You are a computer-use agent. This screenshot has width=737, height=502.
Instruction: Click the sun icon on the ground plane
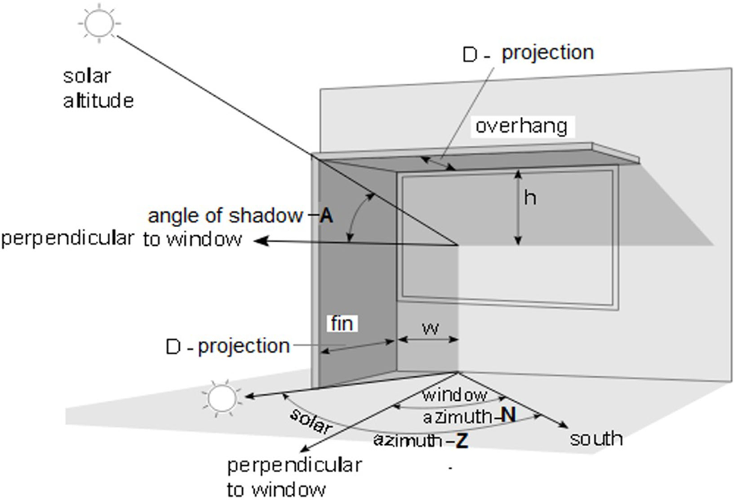pos(222,397)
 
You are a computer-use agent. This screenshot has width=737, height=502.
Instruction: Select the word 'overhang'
pos(521,126)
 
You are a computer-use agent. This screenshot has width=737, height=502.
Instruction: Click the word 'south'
pos(596,438)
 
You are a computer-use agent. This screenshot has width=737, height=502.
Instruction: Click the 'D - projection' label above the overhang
pos(527,53)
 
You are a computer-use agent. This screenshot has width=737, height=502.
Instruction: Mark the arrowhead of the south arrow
pos(563,425)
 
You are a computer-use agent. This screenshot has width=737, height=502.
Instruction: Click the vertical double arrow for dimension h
pos(517,207)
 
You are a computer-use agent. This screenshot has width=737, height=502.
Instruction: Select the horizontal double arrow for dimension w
pos(428,340)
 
